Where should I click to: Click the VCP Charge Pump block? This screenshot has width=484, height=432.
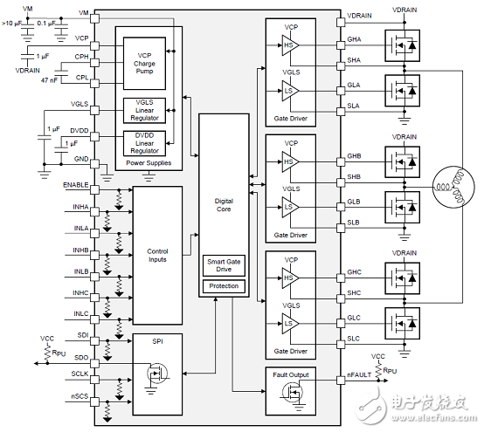point(143,62)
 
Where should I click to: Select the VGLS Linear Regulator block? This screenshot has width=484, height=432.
point(143,110)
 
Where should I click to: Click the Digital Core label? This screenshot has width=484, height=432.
point(224,205)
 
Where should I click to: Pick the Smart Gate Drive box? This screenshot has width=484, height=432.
point(224,265)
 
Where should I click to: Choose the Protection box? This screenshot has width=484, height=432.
point(224,286)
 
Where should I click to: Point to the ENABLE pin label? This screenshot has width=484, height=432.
point(75,185)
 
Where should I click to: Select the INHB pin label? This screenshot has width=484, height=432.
point(80,250)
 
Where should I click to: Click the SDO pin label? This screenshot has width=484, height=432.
point(82,356)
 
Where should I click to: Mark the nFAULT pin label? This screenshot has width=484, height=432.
point(360,376)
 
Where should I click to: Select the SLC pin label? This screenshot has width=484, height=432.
point(354,338)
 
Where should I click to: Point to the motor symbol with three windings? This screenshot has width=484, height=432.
point(451,188)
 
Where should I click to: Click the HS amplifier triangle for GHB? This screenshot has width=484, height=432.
point(288,160)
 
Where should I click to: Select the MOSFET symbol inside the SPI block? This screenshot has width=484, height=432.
point(157,376)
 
